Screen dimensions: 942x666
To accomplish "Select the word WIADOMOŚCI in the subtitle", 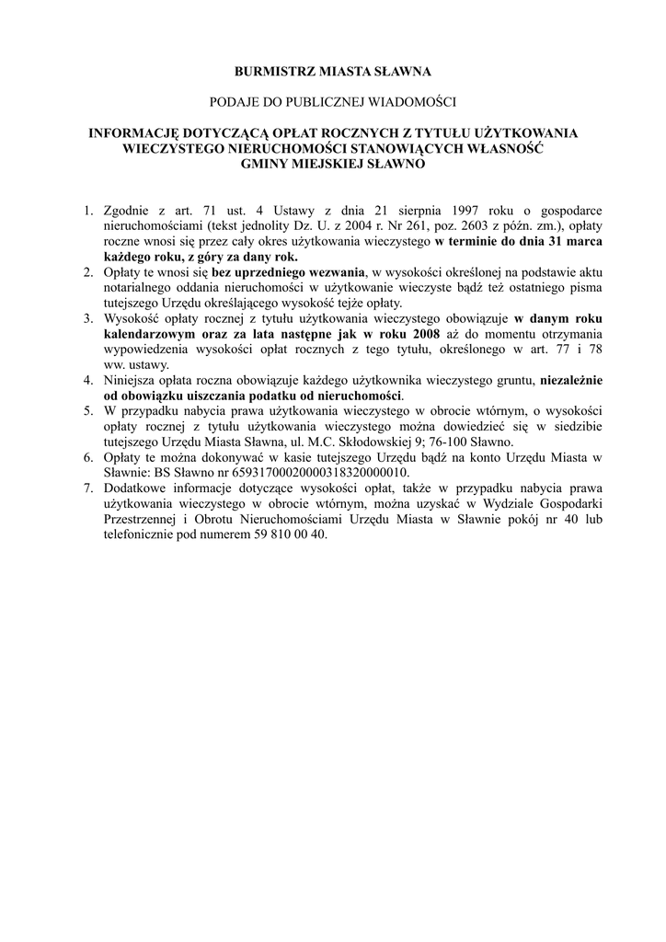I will [x=412, y=101].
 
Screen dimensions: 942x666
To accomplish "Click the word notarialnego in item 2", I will [x=139, y=287].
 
